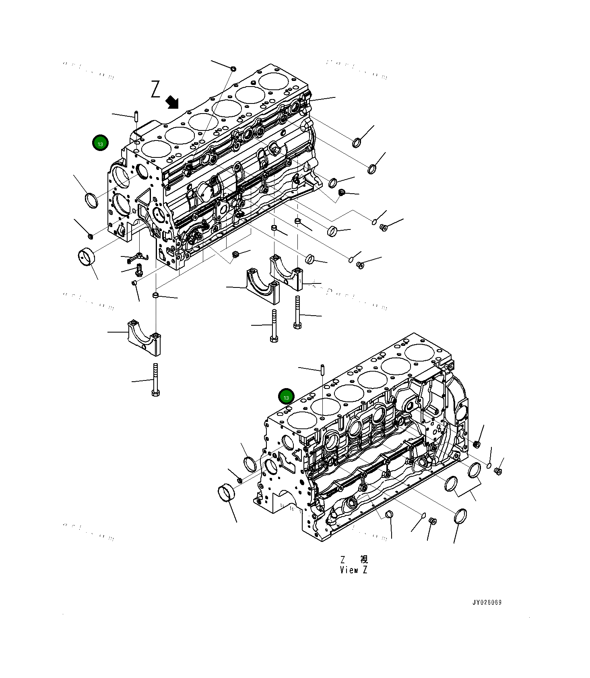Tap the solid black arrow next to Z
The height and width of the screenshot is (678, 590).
173,102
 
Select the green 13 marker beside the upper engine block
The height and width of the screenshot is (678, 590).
100,143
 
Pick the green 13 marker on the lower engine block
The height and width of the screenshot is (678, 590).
286,397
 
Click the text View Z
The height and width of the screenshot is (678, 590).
353,570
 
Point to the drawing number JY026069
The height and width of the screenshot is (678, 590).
487,603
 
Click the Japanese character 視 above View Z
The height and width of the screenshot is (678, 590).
364,559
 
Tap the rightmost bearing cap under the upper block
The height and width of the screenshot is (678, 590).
286,273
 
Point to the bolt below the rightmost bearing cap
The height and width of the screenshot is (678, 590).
297,313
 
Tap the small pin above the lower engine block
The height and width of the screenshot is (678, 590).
322,369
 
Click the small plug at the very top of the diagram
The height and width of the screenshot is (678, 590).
233,70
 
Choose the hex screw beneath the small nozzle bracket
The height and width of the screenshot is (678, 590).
139,269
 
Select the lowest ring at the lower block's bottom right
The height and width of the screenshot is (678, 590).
460,517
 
